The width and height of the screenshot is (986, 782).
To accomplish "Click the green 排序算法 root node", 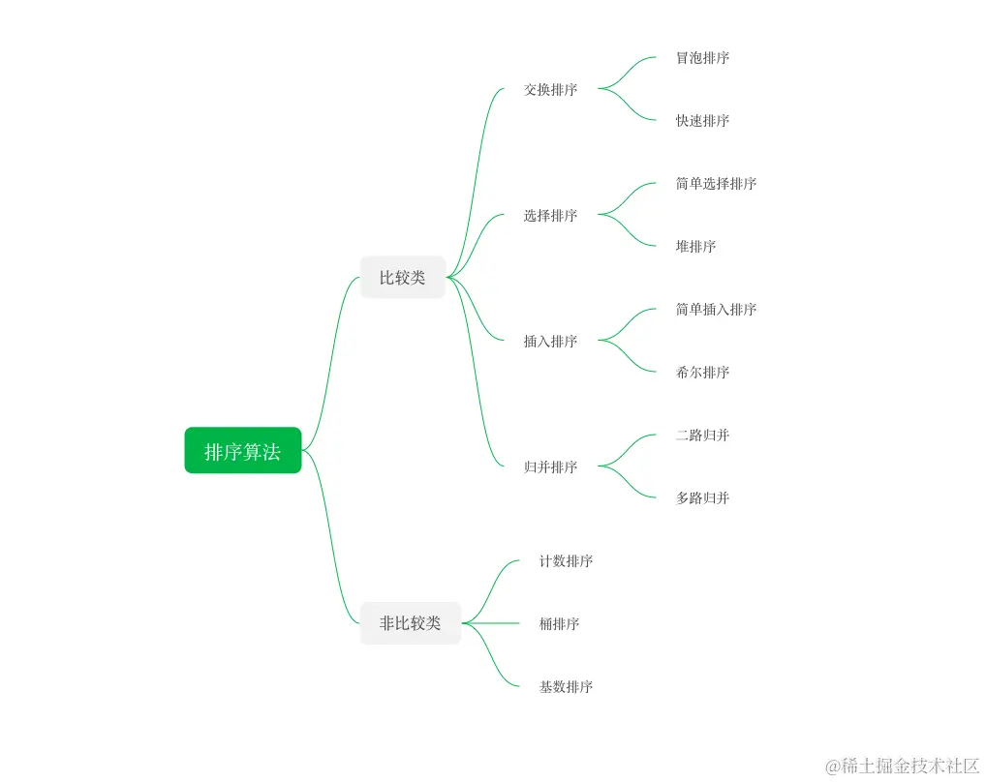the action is pos(242,451).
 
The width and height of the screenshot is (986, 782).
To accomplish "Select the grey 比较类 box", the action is pos(402,278).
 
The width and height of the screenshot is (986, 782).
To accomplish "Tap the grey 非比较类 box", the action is pos(410,623).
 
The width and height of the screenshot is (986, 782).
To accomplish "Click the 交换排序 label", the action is pos(550,90).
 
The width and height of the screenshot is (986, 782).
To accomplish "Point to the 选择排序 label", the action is pos(550,216).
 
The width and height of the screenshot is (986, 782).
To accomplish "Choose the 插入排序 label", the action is pos(550,342).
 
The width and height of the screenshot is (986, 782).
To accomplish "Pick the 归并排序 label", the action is pos(550,467).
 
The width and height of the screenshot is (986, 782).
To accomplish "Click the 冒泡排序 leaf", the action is pos(702,58).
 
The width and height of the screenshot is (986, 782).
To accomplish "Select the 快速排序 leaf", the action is pos(702,121).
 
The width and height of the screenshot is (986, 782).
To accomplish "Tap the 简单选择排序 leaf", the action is pos(716,184).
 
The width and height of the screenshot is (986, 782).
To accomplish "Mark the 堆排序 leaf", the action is pos(695,247).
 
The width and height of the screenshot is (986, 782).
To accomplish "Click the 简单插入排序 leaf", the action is pos(716,310).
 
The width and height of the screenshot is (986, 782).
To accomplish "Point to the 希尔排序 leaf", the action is pos(702,373).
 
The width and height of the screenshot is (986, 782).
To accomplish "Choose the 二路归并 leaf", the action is pos(702,436).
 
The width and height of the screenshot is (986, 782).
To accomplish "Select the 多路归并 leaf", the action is pos(702,498).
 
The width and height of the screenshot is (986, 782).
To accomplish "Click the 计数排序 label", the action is pos(566,561).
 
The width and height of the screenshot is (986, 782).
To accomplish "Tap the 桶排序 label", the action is pos(559,624).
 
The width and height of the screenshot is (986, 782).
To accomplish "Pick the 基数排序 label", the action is pos(566,687).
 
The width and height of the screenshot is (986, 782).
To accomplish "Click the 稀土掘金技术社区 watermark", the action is pos(902,766).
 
